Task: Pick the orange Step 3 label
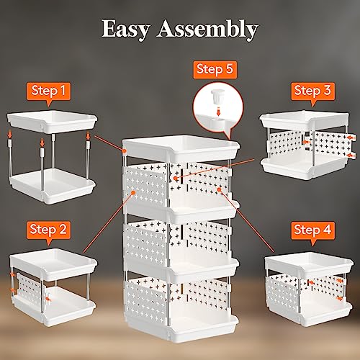click(x=313, y=91)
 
